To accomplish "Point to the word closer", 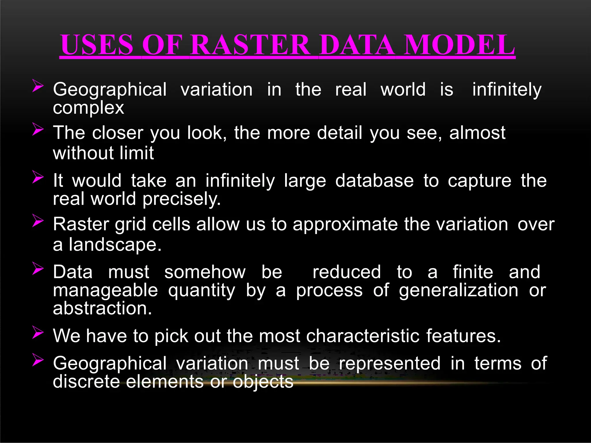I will (118, 133).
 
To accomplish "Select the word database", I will (374, 181).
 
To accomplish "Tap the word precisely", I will (182, 199).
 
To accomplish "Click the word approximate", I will (345, 224).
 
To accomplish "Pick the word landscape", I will (115, 245).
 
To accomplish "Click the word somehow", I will (205, 272).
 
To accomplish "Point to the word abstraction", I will (102, 308).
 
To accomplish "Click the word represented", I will (390, 363).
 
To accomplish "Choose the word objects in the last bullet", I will (263, 382).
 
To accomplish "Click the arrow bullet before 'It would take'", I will (38, 177).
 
